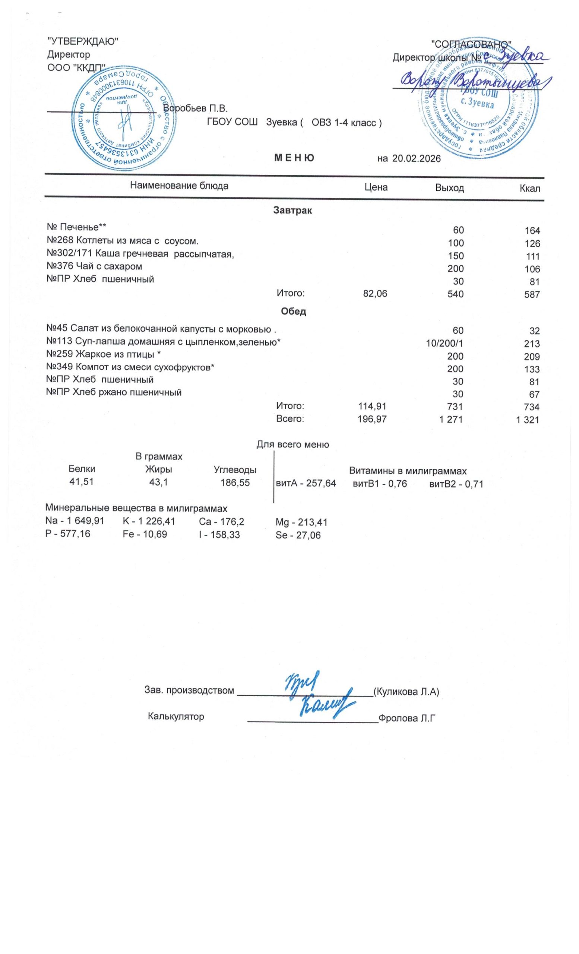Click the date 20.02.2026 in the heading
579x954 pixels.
point(416,158)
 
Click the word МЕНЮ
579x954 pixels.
point(294,158)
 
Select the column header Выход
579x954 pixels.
point(449,188)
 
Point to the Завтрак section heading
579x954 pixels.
point(292,211)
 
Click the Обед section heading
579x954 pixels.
point(293,311)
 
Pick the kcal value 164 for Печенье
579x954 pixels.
point(532,231)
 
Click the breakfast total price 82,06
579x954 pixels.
point(375,294)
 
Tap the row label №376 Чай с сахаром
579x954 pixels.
point(94,266)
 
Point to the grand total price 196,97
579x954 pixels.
point(371,419)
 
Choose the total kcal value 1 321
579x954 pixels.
point(527,419)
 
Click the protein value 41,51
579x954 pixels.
point(81,482)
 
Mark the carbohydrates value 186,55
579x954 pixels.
point(235,483)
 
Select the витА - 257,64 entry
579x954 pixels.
point(306,484)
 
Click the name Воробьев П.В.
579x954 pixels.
point(195,108)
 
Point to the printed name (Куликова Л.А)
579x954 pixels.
point(406,692)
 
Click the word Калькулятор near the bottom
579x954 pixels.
point(176,716)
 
